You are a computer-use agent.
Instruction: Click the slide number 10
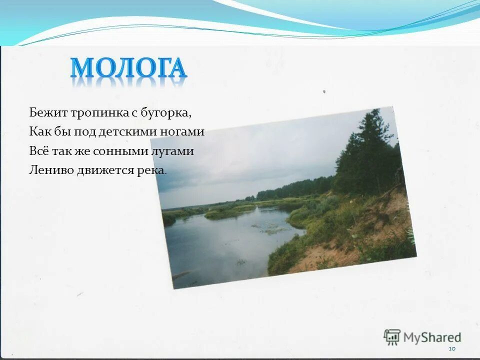pyautogui.click(x=452, y=348)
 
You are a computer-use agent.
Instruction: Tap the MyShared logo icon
pyautogui.click(x=392, y=337)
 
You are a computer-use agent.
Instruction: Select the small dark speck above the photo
pyautogui.click(x=324, y=92)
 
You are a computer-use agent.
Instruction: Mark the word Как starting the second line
pyautogui.click(x=37, y=132)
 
